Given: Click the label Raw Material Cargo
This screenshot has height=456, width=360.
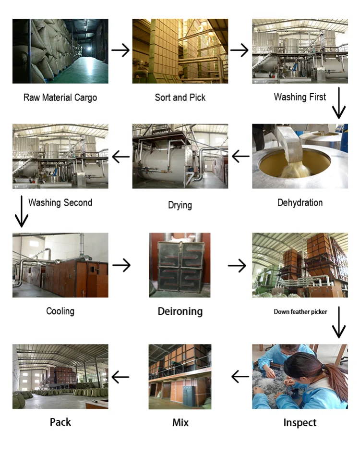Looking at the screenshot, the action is click(60, 98).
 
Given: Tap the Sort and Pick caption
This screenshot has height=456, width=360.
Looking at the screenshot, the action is click(180, 98).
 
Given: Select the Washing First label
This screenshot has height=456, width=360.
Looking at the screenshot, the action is click(300, 97).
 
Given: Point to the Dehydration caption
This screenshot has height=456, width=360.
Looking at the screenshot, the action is click(300, 203).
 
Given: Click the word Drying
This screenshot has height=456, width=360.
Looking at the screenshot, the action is click(180, 205).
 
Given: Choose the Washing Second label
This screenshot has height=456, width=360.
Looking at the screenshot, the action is click(60, 203).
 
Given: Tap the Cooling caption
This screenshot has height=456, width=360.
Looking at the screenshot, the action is click(60, 311).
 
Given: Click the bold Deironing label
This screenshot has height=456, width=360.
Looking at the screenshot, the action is click(180, 311).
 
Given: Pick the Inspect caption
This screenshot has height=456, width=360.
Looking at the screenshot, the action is click(300, 423).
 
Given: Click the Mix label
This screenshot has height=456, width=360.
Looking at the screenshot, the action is click(180, 423).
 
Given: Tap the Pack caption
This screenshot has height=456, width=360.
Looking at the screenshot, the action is click(60, 422).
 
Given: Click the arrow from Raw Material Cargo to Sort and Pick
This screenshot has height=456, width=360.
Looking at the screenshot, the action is click(120, 50).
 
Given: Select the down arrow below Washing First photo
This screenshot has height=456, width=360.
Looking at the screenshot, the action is click(339, 103).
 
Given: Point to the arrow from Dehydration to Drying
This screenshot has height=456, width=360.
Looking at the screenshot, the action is click(240, 156).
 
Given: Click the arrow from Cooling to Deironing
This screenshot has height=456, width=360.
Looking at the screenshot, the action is click(121, 265).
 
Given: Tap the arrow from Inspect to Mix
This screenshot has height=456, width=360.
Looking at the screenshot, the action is click(240, 377).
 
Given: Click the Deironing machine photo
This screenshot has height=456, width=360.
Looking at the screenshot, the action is click(180, 265).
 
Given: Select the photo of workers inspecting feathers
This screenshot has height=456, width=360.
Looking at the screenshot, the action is click(300, 376).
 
